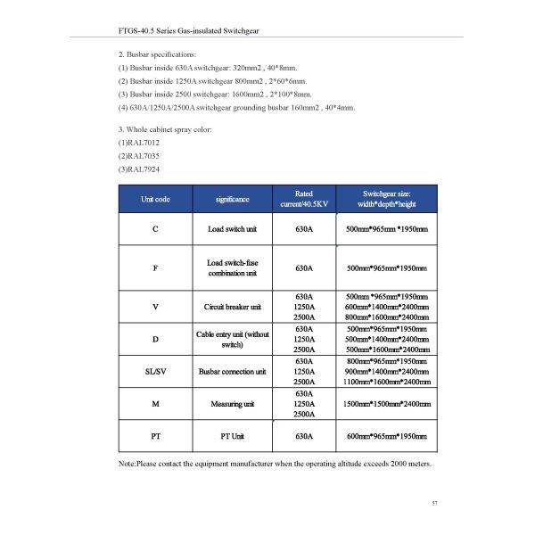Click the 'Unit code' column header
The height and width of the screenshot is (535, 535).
tap(156, 199)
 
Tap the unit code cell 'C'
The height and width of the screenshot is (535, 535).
tap(156, 230)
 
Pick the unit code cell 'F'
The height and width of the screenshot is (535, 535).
tap(156, 267)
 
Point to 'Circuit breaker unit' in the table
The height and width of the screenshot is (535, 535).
tap(233, 307)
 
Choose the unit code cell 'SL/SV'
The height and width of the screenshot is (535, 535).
tap(156, 371)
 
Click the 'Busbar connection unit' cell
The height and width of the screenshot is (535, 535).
tap(233, 371)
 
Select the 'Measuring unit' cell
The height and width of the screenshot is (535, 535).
tap(233, 404)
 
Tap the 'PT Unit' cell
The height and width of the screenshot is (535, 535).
tap(233, 437)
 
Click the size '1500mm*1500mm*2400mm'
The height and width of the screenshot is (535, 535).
tap(386, 404)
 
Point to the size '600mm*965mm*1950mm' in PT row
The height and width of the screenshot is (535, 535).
tap(386, 437)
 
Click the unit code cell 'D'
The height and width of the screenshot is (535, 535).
tap(156, 339)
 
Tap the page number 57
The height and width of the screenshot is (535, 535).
tap(434, 504)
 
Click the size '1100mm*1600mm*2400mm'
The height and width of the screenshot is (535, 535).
tap(386, 382)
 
